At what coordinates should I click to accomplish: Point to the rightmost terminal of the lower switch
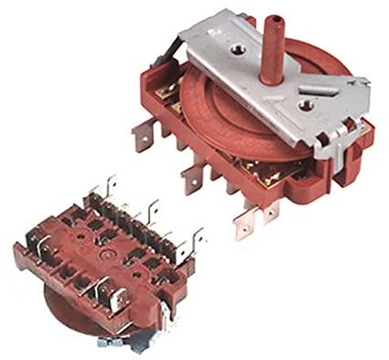coord(196,237)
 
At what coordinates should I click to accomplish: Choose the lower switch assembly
coord(105,261)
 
